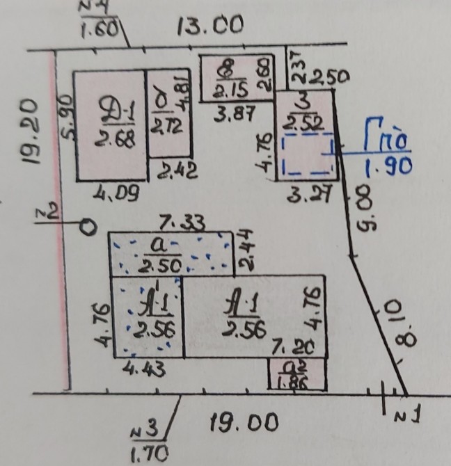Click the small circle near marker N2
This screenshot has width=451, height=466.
86,226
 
